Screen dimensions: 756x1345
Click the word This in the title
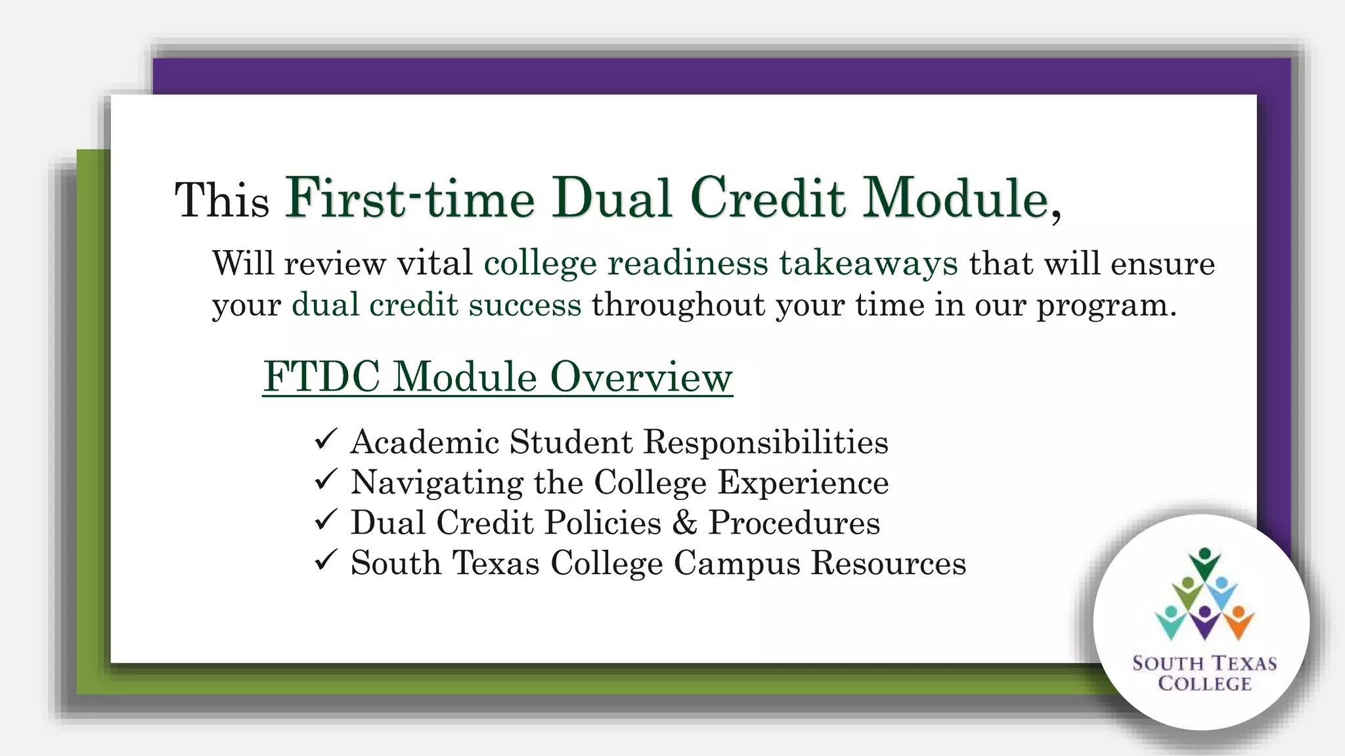pyautogui.click(x=222, y=200)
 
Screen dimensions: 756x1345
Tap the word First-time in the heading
pyautogui.click(x=410, y=198)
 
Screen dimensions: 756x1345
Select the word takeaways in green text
pyautogui.click(x=868, y=264)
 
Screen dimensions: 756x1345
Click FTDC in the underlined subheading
pyautogui.click(x=322, y=377)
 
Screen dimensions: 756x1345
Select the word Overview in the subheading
pyautogui.click(x=641, y=377)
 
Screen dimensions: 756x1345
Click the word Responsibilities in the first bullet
pyautogui.click(x=766, y=442)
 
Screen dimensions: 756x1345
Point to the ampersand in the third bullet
pyautogui.click(x=684, y=522)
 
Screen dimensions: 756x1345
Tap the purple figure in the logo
pyautogui.click(x=1204, y=622)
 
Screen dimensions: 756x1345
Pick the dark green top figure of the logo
pyautogui.click(x=1204, y=563)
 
